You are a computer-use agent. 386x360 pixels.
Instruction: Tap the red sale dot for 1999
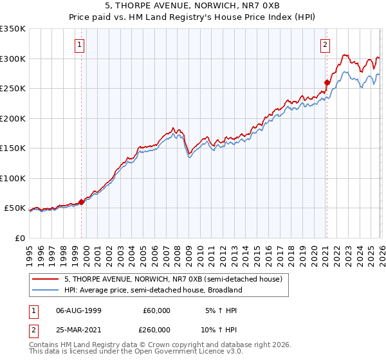point(82,202)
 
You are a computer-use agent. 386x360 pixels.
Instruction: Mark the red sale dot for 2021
point(327,82)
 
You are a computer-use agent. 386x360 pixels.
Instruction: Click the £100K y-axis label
point(12,178)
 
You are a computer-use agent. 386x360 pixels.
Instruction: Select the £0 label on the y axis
point(19,238)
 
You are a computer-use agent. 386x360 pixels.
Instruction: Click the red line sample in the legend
point(46,279)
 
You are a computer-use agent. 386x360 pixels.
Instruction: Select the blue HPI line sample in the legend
point(46,290)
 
